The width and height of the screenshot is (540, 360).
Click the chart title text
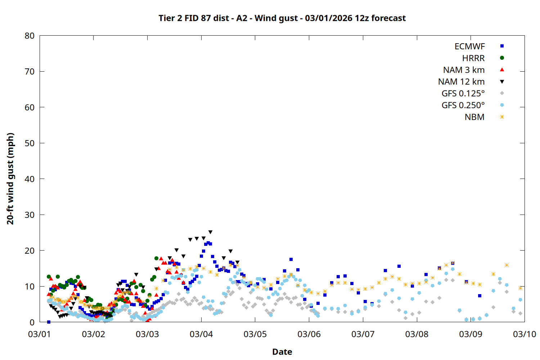click(x=282, y=18)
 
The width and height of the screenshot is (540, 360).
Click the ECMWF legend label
click(x=469, y=46)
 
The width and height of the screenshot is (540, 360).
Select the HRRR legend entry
click(x=473, y=58)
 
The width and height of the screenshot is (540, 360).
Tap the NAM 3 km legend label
click(x=464, y=70)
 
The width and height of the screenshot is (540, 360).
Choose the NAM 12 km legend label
click(x=461, y=82)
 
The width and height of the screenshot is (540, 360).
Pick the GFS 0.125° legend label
click(x=463, y=94)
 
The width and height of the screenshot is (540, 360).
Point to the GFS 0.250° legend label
click(x=463, y=105)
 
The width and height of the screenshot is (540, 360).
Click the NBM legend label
click(x=474, y=117)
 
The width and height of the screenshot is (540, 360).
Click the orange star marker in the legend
click(x=502, y=117)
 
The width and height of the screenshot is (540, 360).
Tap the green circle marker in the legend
click(x=502, y=58)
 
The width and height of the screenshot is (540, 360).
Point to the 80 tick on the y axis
click(x=30, y=36)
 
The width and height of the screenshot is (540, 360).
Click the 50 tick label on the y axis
click(x=30, y=143)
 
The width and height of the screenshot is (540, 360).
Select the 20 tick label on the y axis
click(x=30, y=251)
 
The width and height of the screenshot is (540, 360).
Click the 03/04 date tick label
click(x=201, y=334)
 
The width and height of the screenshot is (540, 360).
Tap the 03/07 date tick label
click(x=363, y=334)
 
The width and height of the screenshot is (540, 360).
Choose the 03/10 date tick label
click(x=524, y=334)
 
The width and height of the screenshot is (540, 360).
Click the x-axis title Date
click(x=282, y=352)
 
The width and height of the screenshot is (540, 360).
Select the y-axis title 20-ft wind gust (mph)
click(x=10, y=179)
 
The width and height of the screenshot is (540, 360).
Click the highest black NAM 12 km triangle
click(x=210, y=232)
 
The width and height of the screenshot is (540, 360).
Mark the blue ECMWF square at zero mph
click(x=49, y=322)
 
